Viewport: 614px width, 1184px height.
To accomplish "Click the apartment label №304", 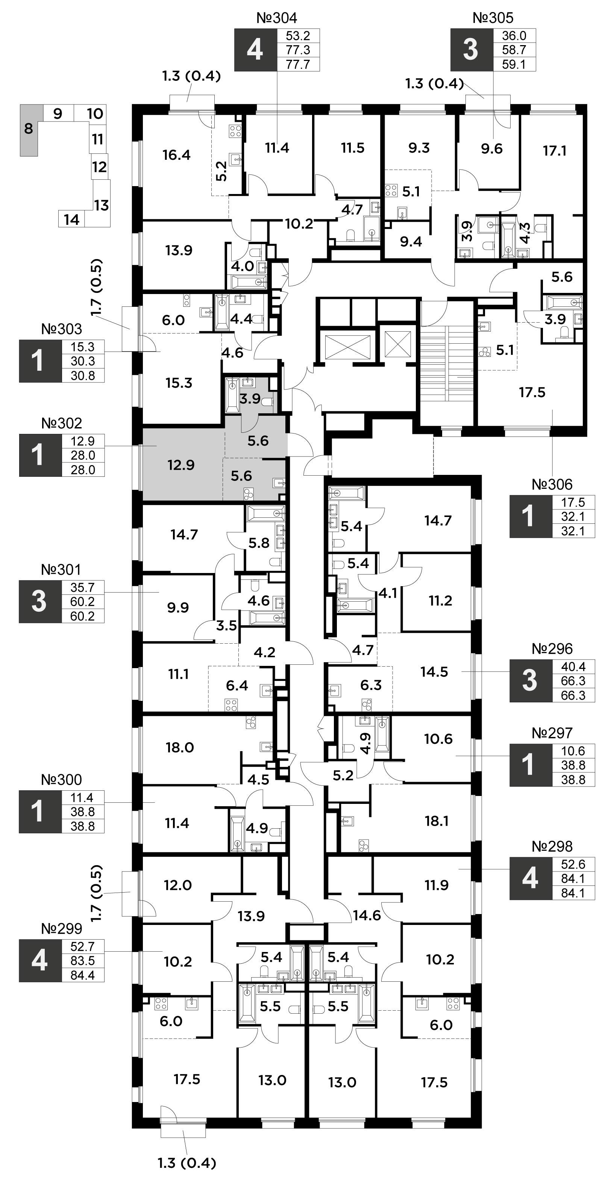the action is coord(277,18).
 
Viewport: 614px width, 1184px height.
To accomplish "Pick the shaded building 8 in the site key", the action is coord(29,130).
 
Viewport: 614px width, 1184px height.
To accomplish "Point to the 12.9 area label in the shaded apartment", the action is coord(181,465).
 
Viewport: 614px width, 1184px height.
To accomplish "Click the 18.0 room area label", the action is coord(180,748).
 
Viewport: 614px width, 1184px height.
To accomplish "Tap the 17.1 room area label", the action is coord(555,151).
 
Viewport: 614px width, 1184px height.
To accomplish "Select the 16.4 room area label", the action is coord(176,155).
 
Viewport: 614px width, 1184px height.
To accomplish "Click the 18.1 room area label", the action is coord(437,821).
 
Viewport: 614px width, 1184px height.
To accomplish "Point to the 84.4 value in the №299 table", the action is coord(83,975).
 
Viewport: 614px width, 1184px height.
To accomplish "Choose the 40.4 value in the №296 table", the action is coord(573,667).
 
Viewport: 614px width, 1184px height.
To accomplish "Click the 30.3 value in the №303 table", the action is coord(83,361).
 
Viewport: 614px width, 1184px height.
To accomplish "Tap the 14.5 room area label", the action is coord(434,672).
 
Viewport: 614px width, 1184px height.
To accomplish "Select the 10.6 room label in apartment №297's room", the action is coord(438,739).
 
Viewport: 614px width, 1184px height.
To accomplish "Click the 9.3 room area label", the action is coord(419,148).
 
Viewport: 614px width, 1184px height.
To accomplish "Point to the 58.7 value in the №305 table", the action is coord(514,50).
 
